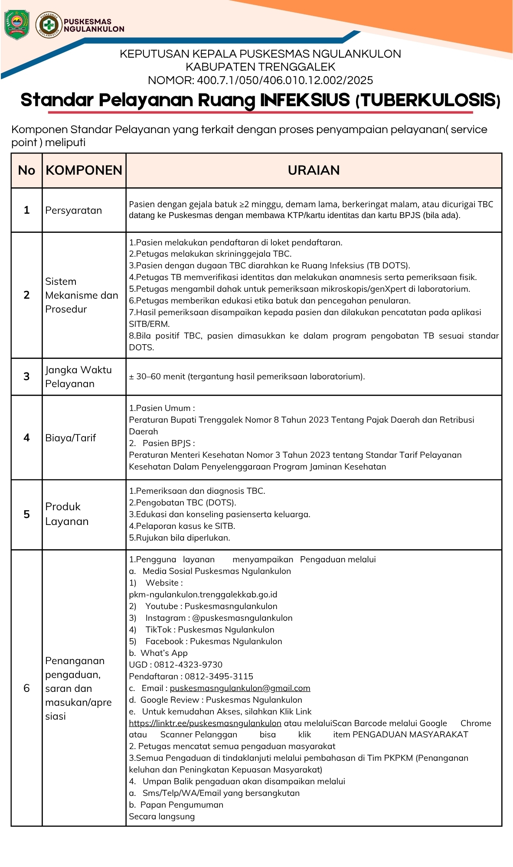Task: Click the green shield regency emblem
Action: pos(16,25)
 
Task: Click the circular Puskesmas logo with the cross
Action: pos(49,25)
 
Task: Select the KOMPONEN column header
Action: pos(84,170)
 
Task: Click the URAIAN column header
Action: pos(314,170)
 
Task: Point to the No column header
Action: pos(26,170)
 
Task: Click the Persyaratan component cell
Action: pos(74,210)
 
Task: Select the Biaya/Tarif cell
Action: pos(71,438)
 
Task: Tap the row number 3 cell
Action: pos(26,376)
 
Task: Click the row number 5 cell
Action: pos(26,514)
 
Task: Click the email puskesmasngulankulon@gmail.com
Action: pos(240,688)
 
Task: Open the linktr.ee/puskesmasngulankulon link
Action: pos(205,723)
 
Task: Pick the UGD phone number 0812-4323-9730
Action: pos(188,665)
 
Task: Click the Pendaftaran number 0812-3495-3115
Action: pos(219,676)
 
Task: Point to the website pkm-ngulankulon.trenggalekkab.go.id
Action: pos(203,594)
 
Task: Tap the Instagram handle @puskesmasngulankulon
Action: pos(242,618)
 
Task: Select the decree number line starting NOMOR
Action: pos(260,80)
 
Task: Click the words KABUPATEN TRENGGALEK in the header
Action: pos(260,67)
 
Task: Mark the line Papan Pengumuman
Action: pos(182,805)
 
